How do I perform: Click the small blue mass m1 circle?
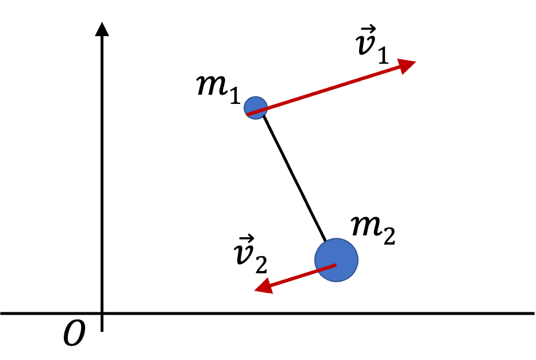[256, 107]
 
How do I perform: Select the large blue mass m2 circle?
[337, 260]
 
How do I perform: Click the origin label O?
[74, 333]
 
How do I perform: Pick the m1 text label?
[218, 90]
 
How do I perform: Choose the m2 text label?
[373, 231]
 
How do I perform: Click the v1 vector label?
[372, 44]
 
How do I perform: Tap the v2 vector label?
[250, 254]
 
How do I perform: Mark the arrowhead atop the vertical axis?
[102, 29]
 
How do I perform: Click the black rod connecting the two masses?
[294, 178]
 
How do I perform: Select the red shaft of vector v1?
[323, 90]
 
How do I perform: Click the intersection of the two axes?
[102, 313]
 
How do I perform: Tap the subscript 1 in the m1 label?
[235, 95]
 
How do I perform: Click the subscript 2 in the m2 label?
[390, 237]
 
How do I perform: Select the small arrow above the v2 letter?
[246, 238]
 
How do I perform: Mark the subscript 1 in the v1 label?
[384, 56]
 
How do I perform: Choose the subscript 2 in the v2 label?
[261, 265]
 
